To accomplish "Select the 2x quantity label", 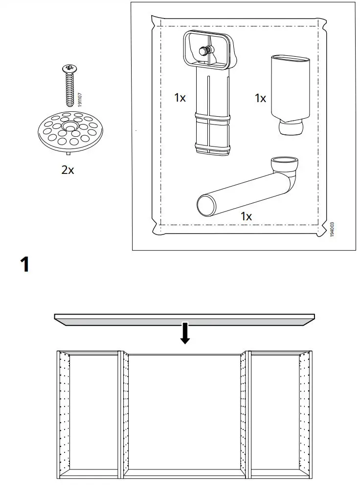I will coord(68,170).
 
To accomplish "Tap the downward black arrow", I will coord(185,334).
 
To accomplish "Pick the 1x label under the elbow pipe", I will coord(246,216).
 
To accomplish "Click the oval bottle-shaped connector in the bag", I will coord(290,93).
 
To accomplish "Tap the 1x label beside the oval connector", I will coord(260,98).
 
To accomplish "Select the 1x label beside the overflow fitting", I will coord(180,98).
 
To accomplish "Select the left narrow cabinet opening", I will coord(94,413).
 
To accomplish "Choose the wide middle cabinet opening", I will coord(185,413).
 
